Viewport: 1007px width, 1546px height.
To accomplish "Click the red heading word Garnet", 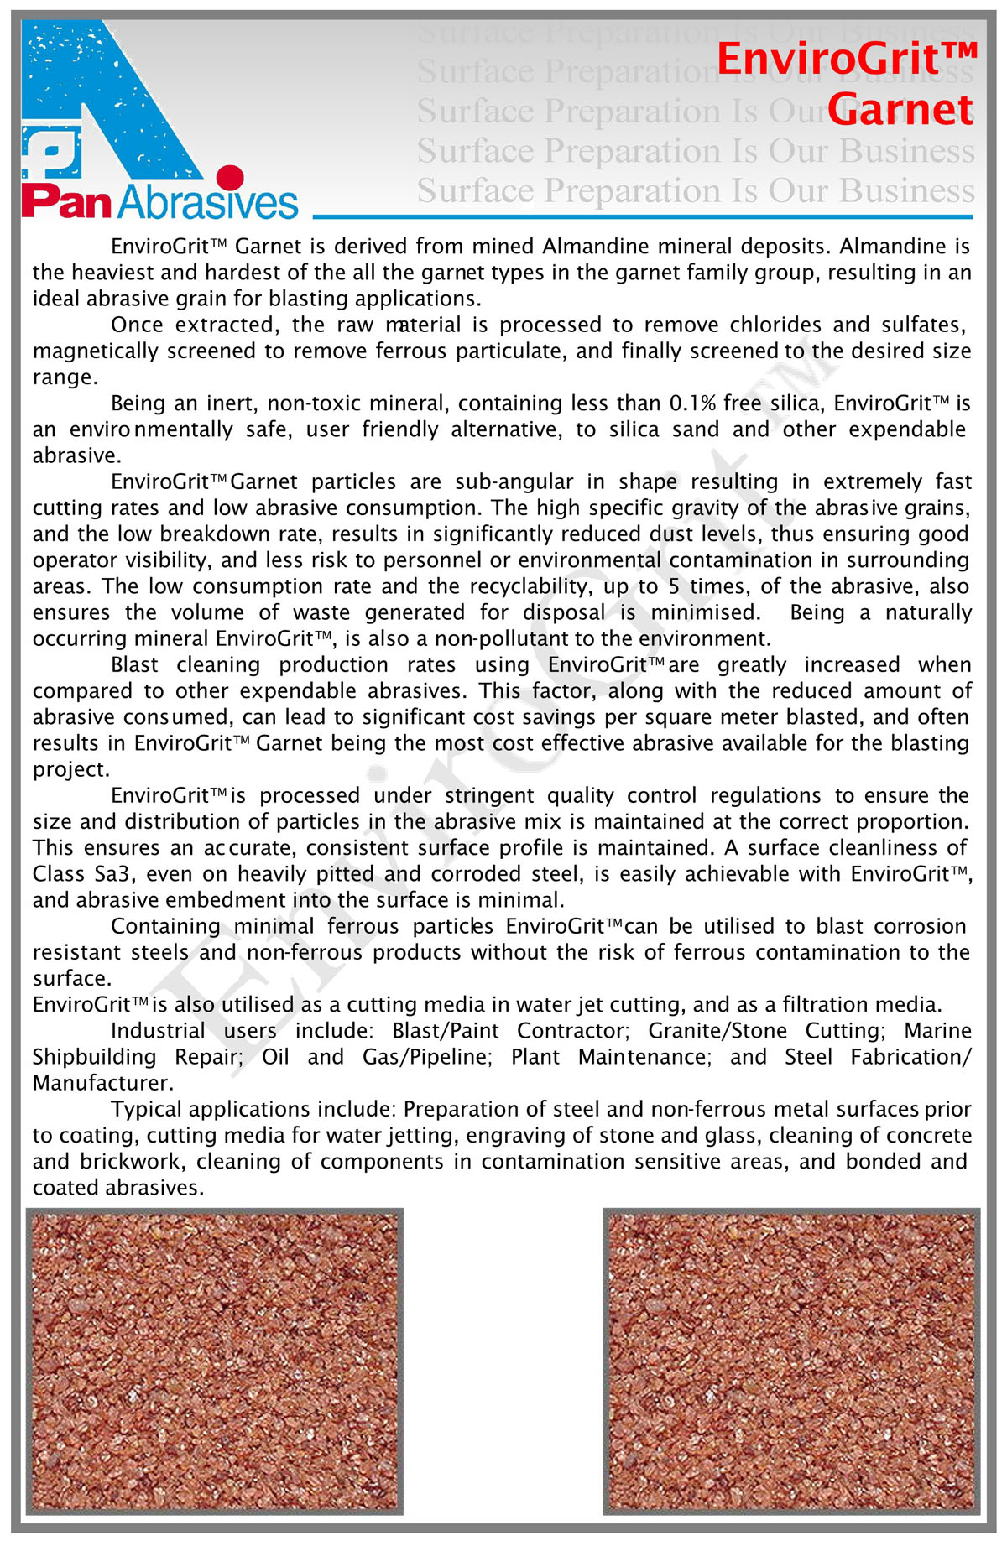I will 900,110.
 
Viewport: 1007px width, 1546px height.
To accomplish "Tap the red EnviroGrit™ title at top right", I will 847,60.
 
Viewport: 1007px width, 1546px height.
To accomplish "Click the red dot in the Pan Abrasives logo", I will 229,178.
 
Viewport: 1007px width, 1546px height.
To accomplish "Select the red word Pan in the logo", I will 66,202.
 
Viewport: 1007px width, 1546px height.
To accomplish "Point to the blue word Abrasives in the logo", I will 208,202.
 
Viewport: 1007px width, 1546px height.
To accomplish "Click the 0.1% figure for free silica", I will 692,403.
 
